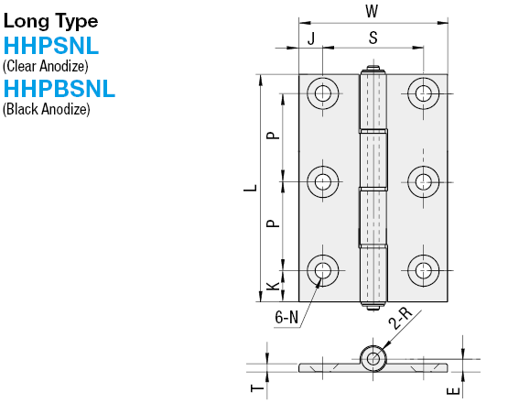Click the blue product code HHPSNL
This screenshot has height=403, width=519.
point(51,46)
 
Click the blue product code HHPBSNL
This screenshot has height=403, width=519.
point(59,89)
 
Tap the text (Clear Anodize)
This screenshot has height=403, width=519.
point(46,66)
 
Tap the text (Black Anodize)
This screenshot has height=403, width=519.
point(47,109)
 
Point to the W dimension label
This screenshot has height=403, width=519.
point(371,11)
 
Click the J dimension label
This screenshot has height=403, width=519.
point(311,38)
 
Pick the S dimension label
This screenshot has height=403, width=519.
point(373,38)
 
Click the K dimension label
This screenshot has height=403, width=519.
point(272,287)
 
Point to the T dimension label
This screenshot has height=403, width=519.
point(257,388)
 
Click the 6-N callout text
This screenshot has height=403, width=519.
point(287,318)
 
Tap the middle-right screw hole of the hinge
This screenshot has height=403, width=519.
point(422,180)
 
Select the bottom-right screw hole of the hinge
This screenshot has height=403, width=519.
point(422,269)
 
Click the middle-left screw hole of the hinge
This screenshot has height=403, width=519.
point(321,180)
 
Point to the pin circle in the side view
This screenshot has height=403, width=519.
point(373,358)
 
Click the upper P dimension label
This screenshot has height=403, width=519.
point(272,136)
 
